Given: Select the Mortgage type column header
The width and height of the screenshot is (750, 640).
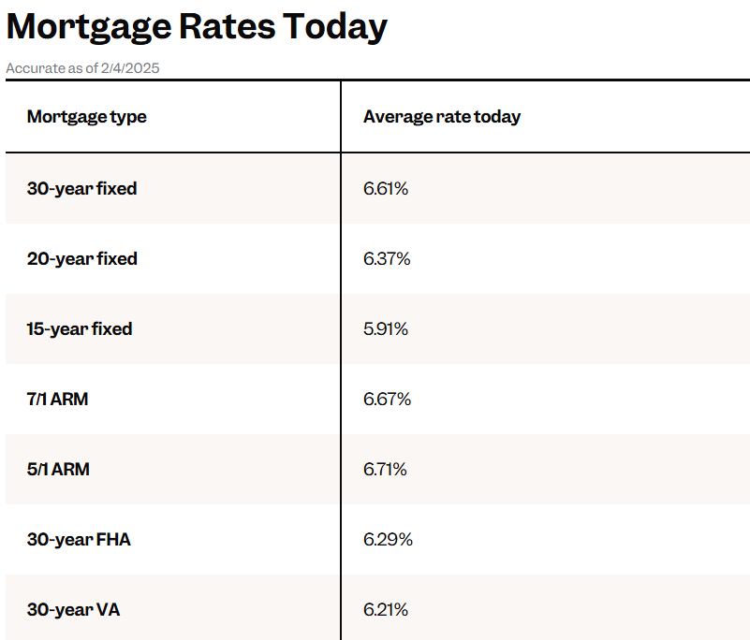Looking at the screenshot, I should [x=86, y=117].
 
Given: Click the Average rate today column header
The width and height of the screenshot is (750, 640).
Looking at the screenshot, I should [x=441, y=117].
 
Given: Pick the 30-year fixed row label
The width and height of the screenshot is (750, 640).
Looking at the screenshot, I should [x=81, y=188].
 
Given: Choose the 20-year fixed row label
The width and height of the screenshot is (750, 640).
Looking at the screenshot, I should [x=81, y=258].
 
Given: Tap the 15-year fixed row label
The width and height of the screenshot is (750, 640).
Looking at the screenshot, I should [x=80, y=328].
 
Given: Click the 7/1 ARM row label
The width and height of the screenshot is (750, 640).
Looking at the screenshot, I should [x=57, y=400].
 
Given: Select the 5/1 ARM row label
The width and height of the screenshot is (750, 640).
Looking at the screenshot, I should [x=58, y=470].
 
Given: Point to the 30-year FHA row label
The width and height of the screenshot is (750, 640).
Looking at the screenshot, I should [x=79, y=540].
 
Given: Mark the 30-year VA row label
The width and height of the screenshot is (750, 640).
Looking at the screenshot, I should [x=73, y=610].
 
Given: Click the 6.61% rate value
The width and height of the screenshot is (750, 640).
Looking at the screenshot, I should [x=386, y=188].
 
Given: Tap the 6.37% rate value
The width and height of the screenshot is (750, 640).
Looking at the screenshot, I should [x=387, y=258].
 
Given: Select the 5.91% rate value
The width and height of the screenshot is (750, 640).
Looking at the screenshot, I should [x=386, y=328].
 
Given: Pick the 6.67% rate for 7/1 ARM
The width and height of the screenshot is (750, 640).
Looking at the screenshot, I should [x=387, y=400].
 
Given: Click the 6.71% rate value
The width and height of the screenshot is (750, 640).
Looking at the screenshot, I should [x=385, y=470].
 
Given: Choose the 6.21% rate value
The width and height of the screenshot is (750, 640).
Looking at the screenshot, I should [x=386, y=610].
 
